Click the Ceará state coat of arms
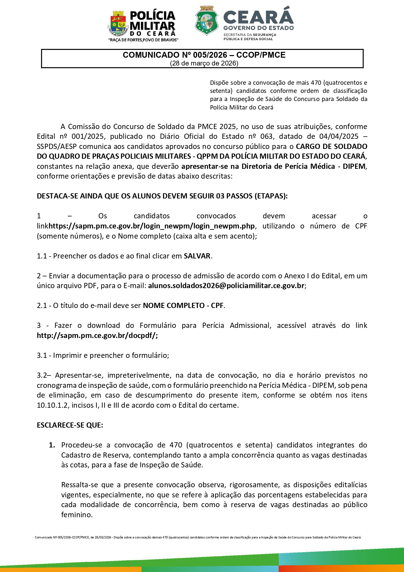tap(206, 20)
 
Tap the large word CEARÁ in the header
tap(258, 16)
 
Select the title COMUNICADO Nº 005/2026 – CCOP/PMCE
tap(204, 55)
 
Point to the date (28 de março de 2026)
tap(204, 63)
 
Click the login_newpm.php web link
tap(152, 226)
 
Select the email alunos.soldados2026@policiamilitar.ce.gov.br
tap(226, 286)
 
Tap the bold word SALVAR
tap(197, 256)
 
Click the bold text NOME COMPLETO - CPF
tap(183, 306)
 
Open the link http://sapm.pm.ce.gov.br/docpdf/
tap(97, 336)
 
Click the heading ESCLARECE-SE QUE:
tap(70, 425)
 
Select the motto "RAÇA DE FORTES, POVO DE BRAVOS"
tap(143, 40)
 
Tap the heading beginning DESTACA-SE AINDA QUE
tap(162, 196)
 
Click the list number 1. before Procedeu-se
tap(52, 445)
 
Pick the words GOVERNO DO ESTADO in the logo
tap(258, 28)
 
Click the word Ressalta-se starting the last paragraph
tap(78, 485)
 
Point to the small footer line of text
tap(198, 537)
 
